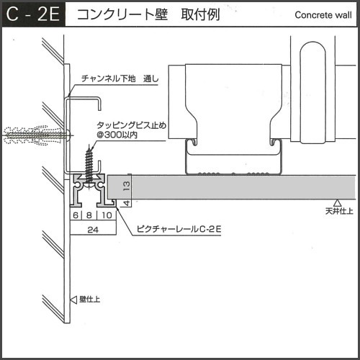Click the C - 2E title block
pyautogui.click(x=33, y=14)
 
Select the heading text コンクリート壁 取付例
pyautogui.click(x=148, y=14)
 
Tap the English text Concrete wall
pyautogui.click(x=323, y=15)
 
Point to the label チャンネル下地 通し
pyautogui.click(x=120, y=78)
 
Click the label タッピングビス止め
pyautogui.click(x=131, y=125)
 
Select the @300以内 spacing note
pyautogui.click(x=117, y=135)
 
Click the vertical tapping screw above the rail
pyautogui.click(x=89, y=166)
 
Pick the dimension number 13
pyautogui.click(x=127, y=186)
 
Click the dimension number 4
pyautogui.click(x=127, y=203)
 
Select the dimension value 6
pyautogui.click(x=76, y=215)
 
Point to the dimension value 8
pyautogui.click(x=89, y=215)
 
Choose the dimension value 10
pyautogui.click(x=107, y=215)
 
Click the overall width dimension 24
pyautogui.click(x=93, y=230)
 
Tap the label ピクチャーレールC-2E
pyautogui.click(x=179, y=229)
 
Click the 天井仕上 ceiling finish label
pyautogui.click(x=339, y=211)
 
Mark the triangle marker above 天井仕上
pyautogui.click(x=338, y=203)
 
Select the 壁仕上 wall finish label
pyautogui.click(x=89, y=300)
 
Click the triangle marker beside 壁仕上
pyautogui.click(x=73, y=300)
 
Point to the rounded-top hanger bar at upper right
pyautogui.click(x=313, y=92)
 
